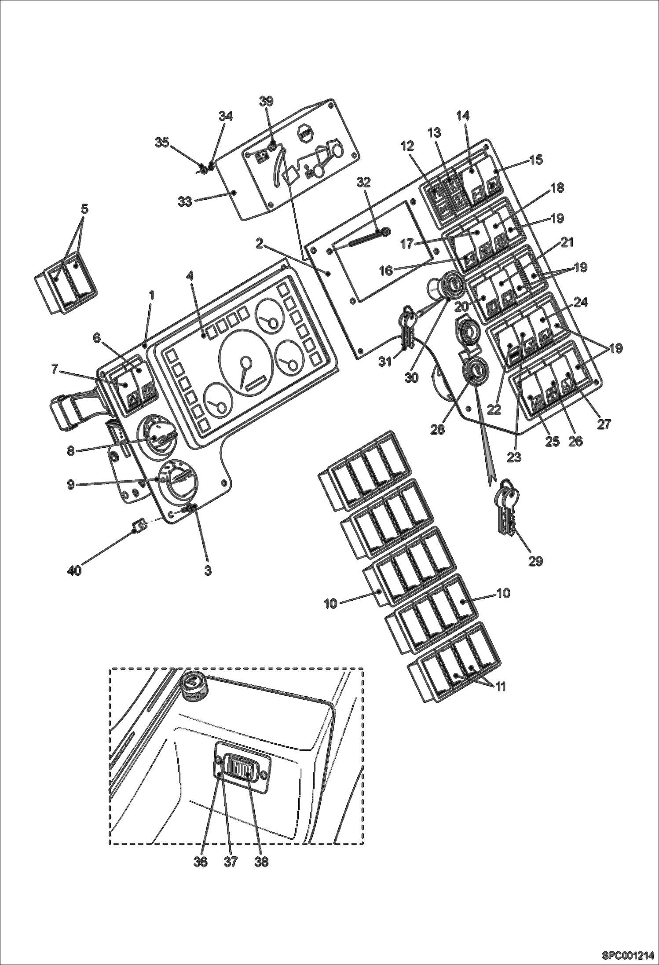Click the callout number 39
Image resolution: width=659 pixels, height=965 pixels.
coord(266,101)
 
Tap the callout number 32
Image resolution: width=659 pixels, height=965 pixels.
coord(364,182)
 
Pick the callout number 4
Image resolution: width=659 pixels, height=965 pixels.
coord(189,276)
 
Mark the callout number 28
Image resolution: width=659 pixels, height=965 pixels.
coord(438,429)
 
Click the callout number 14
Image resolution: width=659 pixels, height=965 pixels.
coord(463,116)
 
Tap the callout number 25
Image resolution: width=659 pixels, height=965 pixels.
coord(553,441)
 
